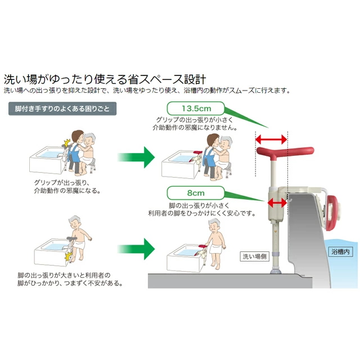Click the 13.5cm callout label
[196, 109]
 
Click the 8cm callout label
[196, 193]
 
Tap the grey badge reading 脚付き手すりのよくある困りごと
[62, 109]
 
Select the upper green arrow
[136, 157]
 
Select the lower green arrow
[136, 249]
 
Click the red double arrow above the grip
[271, 139]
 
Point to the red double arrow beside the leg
[277, 202]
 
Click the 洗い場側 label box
[254, 256]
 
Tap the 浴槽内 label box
[340, 252]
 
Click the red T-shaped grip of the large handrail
[285, 152]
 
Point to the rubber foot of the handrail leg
[276, 271]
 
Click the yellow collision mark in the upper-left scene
[67, 143]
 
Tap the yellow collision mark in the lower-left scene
[69, 256]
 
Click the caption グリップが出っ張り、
[61, 183]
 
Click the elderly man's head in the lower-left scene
[75, 222]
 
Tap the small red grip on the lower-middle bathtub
[201, 246]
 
